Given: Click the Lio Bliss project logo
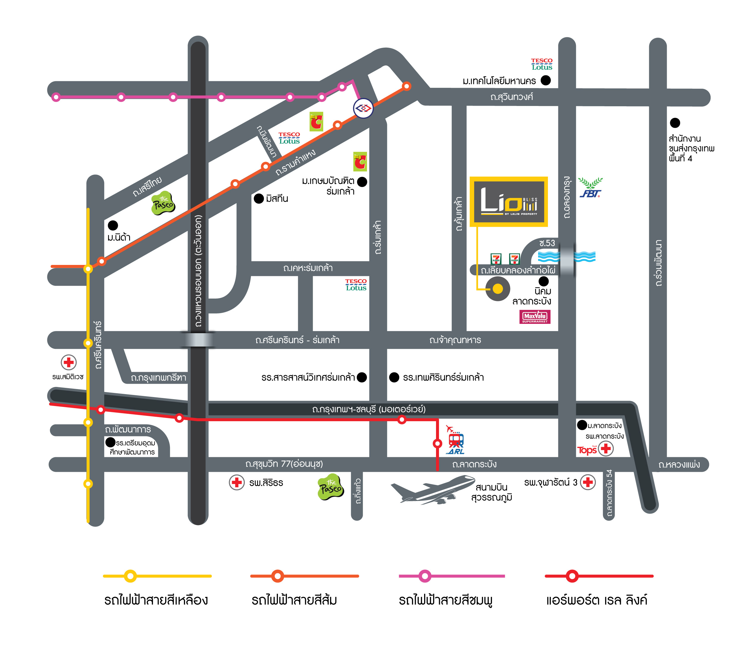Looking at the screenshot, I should coord(508,202).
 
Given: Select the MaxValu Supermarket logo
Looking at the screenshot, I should coord(535,316).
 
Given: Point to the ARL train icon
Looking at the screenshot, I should coord(455,441).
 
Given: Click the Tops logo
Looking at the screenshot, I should coord(586,450).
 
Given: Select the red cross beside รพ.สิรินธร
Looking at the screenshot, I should coord(236,483).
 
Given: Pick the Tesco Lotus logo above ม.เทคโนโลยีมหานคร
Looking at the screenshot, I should coord(542,64).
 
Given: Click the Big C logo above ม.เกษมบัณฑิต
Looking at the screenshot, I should coord(360,161).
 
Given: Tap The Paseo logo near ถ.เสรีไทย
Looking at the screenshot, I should coord(163,203).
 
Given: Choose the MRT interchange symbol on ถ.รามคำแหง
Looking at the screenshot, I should coord(363,108).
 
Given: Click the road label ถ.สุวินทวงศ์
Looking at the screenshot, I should coord(511,97).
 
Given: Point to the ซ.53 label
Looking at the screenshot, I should coord(547,243).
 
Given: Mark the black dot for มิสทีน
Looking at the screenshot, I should coord(259,198).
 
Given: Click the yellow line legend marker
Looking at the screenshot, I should coord(130,576).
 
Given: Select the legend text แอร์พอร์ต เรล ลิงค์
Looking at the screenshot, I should coord(596,600).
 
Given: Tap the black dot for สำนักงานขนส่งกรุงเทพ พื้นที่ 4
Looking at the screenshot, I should coord(674,123).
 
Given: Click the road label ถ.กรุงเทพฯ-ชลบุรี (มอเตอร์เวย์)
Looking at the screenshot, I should coord(369,409).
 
